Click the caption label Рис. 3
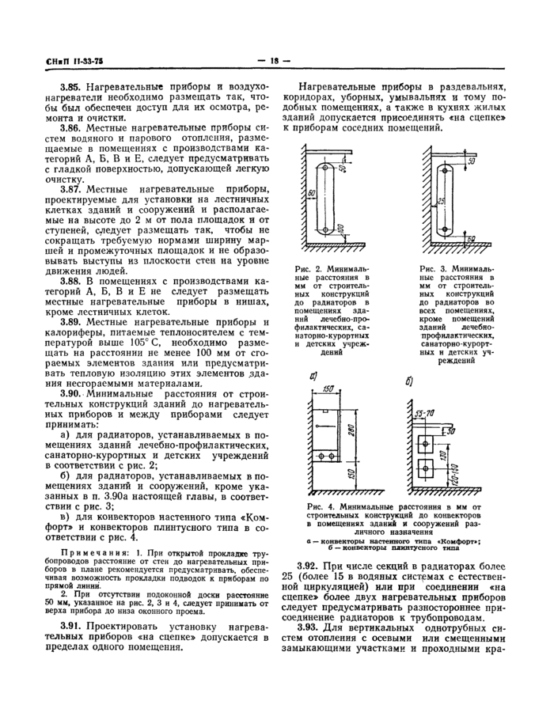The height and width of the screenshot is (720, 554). (431, 268)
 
